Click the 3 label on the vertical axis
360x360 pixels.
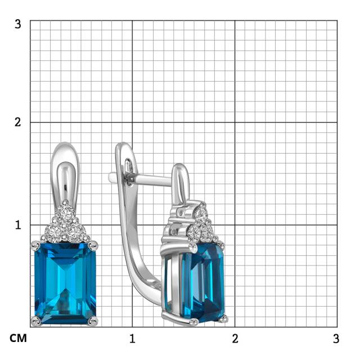(18, 24)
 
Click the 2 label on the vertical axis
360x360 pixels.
(18, 122)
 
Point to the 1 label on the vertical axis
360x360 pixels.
(18, 225)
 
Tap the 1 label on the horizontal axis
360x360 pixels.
(132, 339)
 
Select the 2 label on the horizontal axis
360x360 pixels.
(235, 339)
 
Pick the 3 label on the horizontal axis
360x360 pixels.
(336, 339)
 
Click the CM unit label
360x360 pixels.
(18, 339)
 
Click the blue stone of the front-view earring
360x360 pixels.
(65, 283)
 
